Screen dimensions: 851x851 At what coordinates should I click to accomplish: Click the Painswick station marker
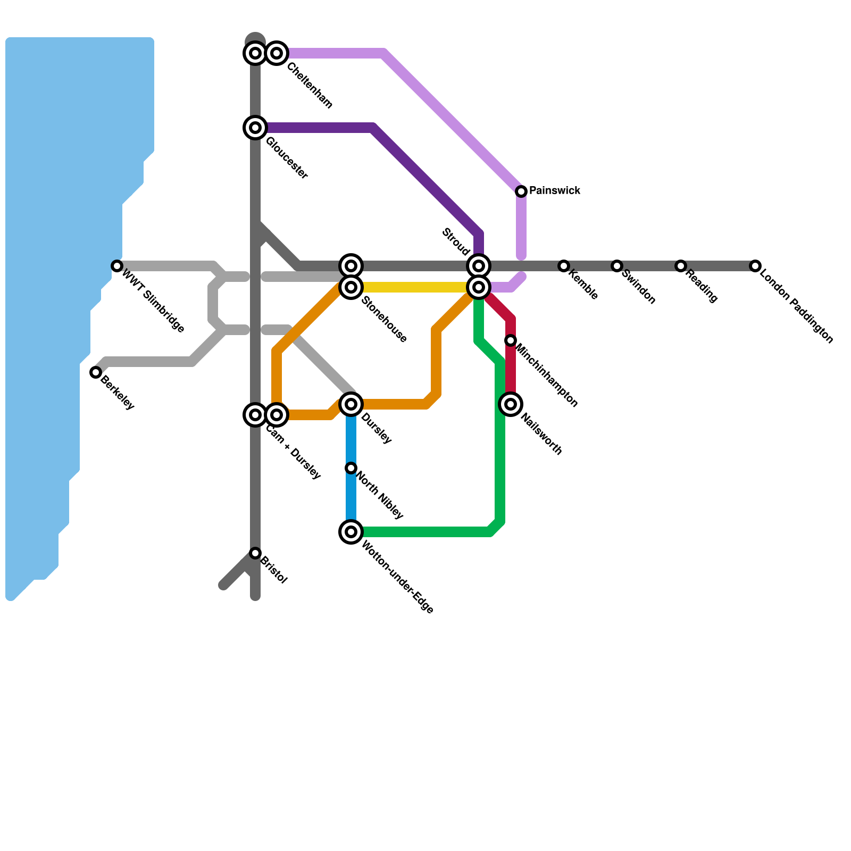pos(521,191)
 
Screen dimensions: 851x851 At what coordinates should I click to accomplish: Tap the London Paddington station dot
pos(755,266)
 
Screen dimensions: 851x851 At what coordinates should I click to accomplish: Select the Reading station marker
pos(681,266)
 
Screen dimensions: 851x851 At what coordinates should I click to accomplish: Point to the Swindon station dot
pos(617,266)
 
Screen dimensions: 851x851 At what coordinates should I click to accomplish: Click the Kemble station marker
pos(564,266)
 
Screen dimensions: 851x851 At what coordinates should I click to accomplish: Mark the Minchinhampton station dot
pos(511,340)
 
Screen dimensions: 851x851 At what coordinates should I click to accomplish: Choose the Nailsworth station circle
pos(511,404)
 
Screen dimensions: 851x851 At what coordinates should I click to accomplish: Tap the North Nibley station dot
pos(351,468)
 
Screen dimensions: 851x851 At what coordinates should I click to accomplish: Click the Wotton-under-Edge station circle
pos(351,532)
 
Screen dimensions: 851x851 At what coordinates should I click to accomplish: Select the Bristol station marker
pos(255,553)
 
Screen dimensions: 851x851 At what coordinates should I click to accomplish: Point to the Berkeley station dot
pos(96,372)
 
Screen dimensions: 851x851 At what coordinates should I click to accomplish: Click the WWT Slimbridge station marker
pos(117,266)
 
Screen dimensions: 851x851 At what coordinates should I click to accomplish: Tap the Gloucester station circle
pos(255,128)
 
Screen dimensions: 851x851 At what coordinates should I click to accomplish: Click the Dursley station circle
pos(351,404)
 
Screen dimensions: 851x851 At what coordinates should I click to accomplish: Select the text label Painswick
pos(555,190)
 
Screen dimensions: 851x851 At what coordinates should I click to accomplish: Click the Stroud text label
pos(456,241)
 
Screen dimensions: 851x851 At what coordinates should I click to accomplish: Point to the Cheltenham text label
pos(310,86)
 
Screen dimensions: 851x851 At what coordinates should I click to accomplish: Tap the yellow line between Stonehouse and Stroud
pos(415,287)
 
